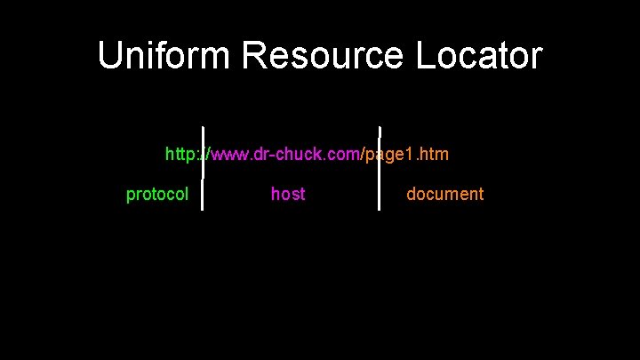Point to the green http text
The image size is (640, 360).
coord(181,155)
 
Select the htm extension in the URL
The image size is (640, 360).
coord(434,155)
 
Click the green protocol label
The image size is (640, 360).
coord(157,194)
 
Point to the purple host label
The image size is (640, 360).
coord(288,194)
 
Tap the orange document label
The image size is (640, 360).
coord(445,194)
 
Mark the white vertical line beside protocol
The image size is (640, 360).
coord(203,195)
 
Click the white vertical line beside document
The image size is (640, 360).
coord(380,195)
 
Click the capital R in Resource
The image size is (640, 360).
coord(255,56)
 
